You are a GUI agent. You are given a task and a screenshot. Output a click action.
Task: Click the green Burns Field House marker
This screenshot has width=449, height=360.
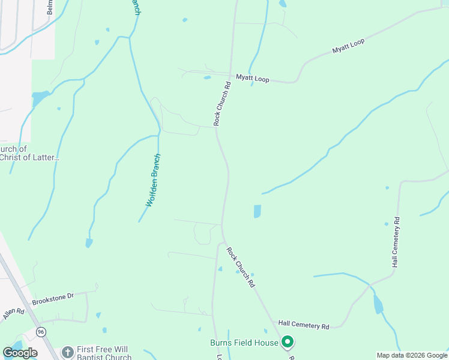point(288,343)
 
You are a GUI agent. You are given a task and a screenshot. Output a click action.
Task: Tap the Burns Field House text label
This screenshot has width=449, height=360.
point(244,343)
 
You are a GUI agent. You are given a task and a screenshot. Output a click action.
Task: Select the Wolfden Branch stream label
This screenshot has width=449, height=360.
point(155,180)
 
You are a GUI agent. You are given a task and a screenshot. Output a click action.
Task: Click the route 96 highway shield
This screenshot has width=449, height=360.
point(41,332)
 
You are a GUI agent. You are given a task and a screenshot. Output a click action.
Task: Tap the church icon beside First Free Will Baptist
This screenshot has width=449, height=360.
point(67,351)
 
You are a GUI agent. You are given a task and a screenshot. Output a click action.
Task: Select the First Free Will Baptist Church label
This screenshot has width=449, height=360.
point(104,354)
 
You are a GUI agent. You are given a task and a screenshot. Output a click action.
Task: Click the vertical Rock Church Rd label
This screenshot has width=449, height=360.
point(222,103)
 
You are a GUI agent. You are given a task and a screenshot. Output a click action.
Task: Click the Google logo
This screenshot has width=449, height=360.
point(20,353)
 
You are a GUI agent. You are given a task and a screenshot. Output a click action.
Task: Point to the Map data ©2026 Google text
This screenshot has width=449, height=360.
point(412,355)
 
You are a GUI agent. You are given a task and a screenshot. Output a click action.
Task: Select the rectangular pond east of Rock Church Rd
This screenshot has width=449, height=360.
point(258,211)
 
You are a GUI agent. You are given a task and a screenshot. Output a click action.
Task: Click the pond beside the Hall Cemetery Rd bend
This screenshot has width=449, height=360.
point(378,304)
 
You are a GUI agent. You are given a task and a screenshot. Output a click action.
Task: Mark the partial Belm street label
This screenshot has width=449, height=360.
point(50,7)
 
